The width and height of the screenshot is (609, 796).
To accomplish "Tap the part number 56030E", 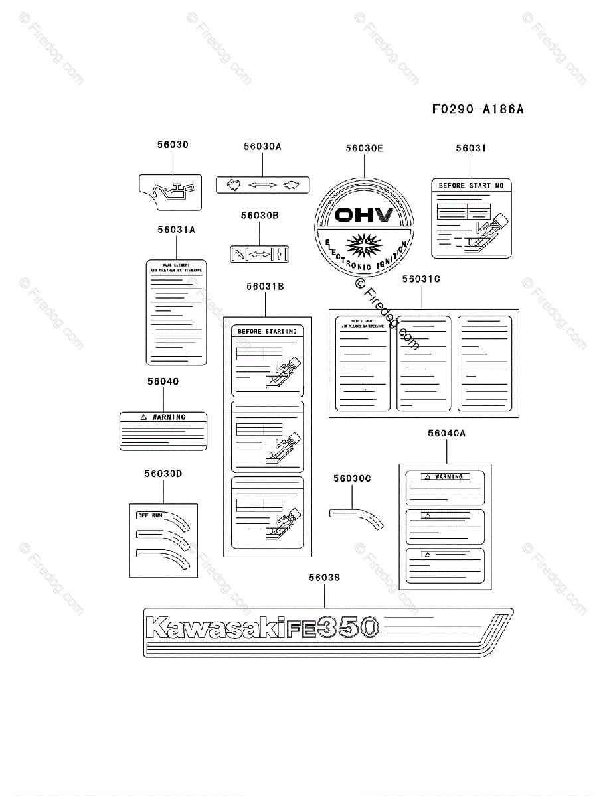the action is tap(364, 149).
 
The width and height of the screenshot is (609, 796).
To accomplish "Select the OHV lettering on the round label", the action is tap(365, 215).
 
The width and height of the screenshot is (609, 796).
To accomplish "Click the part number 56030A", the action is tap(262, 147).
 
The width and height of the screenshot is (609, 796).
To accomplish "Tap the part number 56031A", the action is tap(176, 230).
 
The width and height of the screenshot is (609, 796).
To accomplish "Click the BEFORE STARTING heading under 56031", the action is tap(471, 186).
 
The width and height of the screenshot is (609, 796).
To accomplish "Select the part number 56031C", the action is tap(421, 279).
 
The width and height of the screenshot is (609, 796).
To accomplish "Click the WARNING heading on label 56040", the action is tap(169, 417).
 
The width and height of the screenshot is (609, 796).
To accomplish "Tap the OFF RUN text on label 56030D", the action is tap(149, 515).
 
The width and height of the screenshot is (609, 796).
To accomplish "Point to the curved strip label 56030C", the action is tap(356, 517).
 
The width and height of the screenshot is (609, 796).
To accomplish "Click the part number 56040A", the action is tap(446, 433).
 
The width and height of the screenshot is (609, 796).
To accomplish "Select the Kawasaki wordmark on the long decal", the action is tap(211, 628).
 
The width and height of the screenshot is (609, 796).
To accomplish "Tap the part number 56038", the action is tap(324, 578).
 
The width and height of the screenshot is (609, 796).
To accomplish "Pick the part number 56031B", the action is tap(265, 287).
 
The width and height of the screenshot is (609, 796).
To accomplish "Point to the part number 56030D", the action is tap(163, 474).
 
